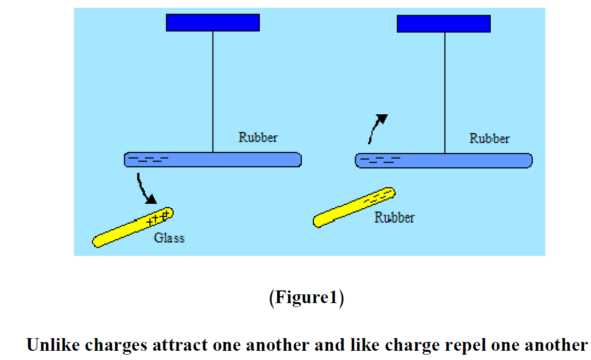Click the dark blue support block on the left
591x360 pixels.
tap(213, 22)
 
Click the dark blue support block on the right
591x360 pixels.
tap(444, 23)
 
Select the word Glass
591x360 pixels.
tap(169, 238)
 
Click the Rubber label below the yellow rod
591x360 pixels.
tap(394, 217)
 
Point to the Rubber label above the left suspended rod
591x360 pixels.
tap(258, 137)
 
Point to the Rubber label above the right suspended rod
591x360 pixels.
tap(489, 139)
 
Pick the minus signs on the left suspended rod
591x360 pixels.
tap(148, 159)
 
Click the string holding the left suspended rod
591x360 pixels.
tap(213, 92)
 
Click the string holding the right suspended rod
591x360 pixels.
tap(445, 92)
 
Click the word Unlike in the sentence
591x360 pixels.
tap(54, 345)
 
